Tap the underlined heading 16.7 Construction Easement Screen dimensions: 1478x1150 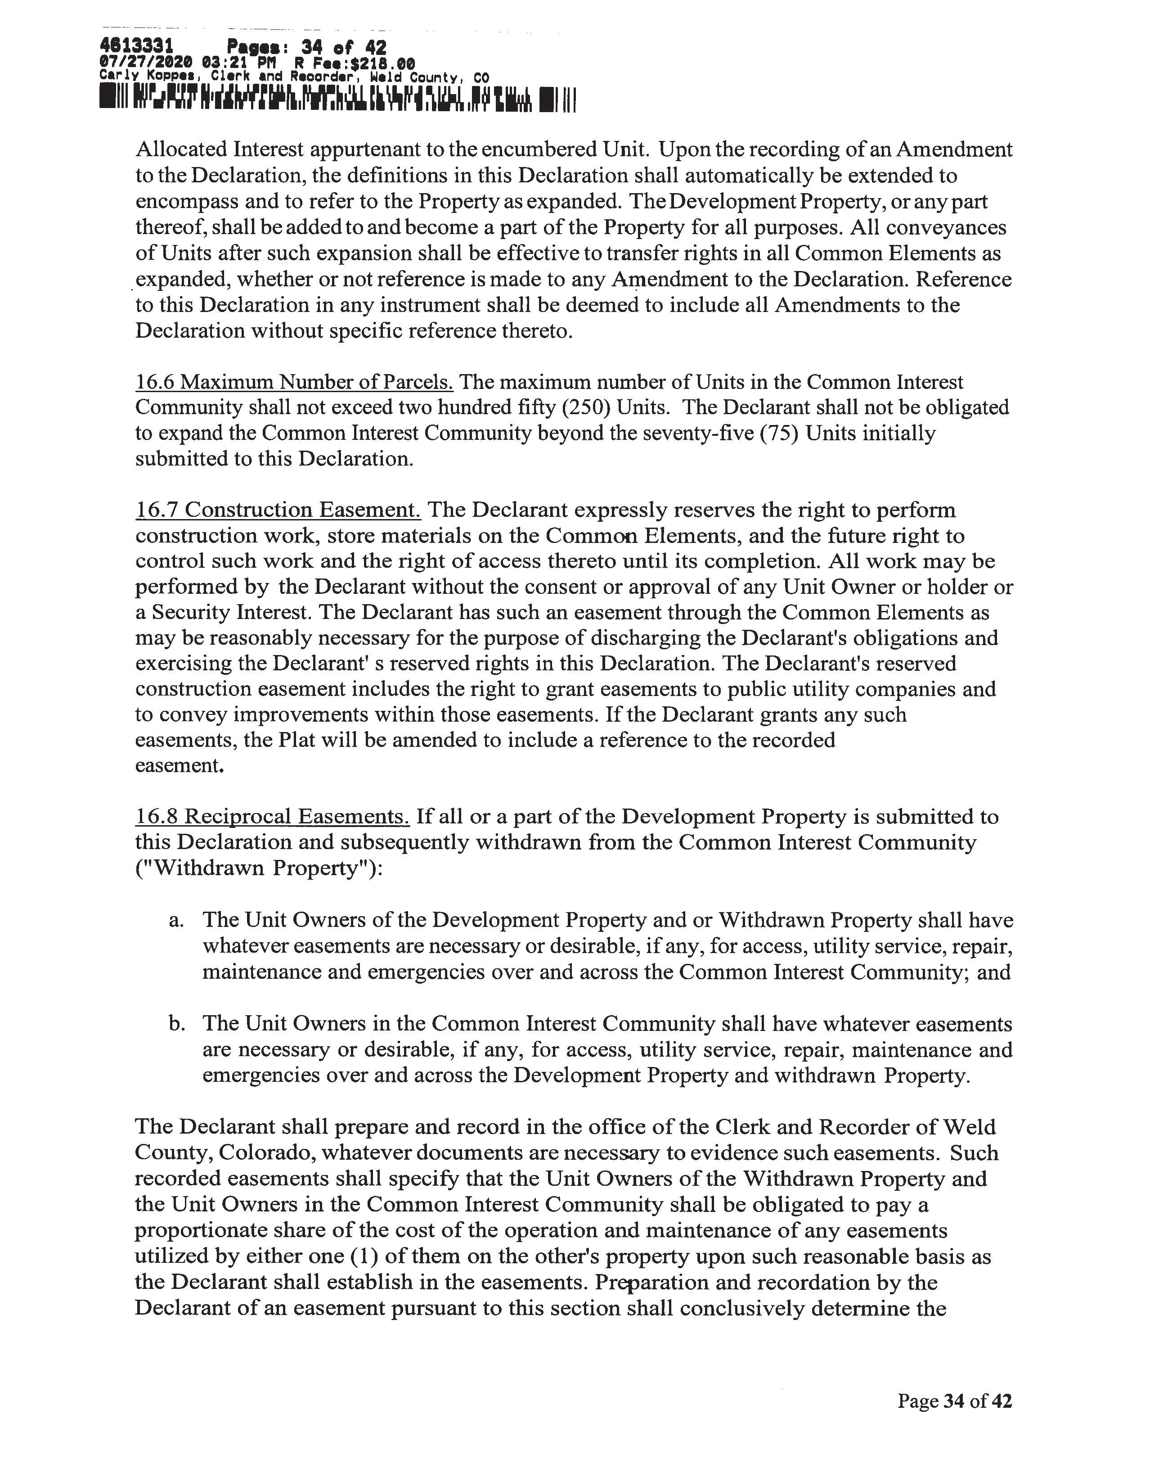coord(278,510)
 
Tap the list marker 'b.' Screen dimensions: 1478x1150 coord(177,1023)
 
